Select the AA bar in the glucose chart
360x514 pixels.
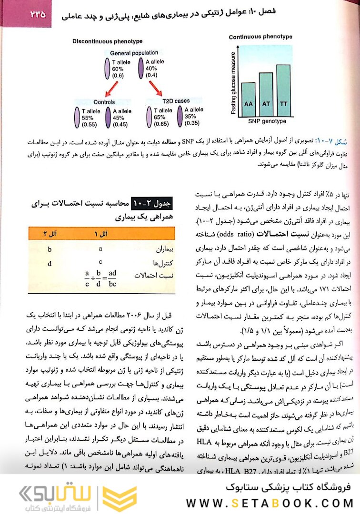pos(248,100)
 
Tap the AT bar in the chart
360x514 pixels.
pos(266,96)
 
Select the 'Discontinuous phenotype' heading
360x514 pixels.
pos(107,41)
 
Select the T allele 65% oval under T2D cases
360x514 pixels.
pos(149,117)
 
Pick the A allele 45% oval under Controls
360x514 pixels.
pos(108,117)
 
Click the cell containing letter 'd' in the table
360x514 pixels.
pos(50,263)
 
